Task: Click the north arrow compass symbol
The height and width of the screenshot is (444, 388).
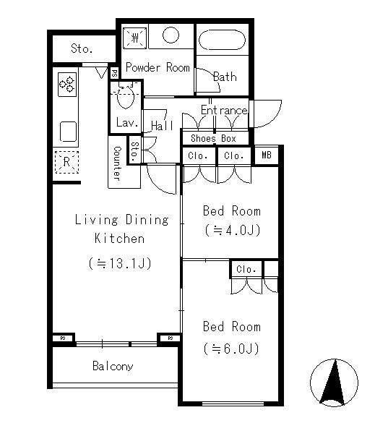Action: point(334,383)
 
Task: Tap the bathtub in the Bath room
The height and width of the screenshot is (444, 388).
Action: point(222,40)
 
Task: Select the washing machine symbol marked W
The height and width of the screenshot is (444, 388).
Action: point(135,38)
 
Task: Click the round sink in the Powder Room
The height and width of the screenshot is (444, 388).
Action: point(171,35)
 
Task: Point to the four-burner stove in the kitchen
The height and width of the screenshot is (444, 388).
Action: point(67,84)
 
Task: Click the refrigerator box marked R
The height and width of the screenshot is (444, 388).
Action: point(66,162)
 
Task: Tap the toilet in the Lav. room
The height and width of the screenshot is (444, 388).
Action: point(125,96)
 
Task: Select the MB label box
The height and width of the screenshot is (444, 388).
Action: point(267,155)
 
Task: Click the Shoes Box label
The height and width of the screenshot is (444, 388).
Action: point(213,138)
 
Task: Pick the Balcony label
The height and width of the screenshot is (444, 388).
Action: point(113,366)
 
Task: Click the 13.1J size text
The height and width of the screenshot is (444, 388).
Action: point(120,263)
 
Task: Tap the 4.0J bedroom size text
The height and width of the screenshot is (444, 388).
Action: point(232,230)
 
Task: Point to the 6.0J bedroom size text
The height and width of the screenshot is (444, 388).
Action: point(231,349)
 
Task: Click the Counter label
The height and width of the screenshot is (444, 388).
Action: point(117,163)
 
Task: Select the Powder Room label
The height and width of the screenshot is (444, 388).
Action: point(158,67)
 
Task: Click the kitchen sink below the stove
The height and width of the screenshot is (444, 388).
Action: point(69,132)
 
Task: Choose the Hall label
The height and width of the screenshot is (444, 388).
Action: point(162,125)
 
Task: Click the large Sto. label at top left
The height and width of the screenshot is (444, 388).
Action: point(82,48)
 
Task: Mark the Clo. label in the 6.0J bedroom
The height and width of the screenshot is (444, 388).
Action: point(246,269)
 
